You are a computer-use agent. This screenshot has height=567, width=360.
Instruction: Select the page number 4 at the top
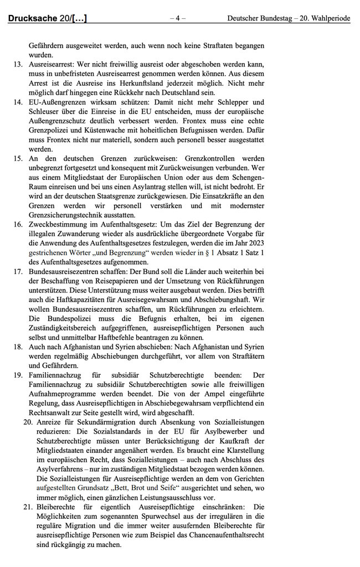[177, 18]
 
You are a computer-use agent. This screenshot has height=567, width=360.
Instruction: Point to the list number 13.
[18, 64]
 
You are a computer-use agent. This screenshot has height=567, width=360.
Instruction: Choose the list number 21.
[28, 507]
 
